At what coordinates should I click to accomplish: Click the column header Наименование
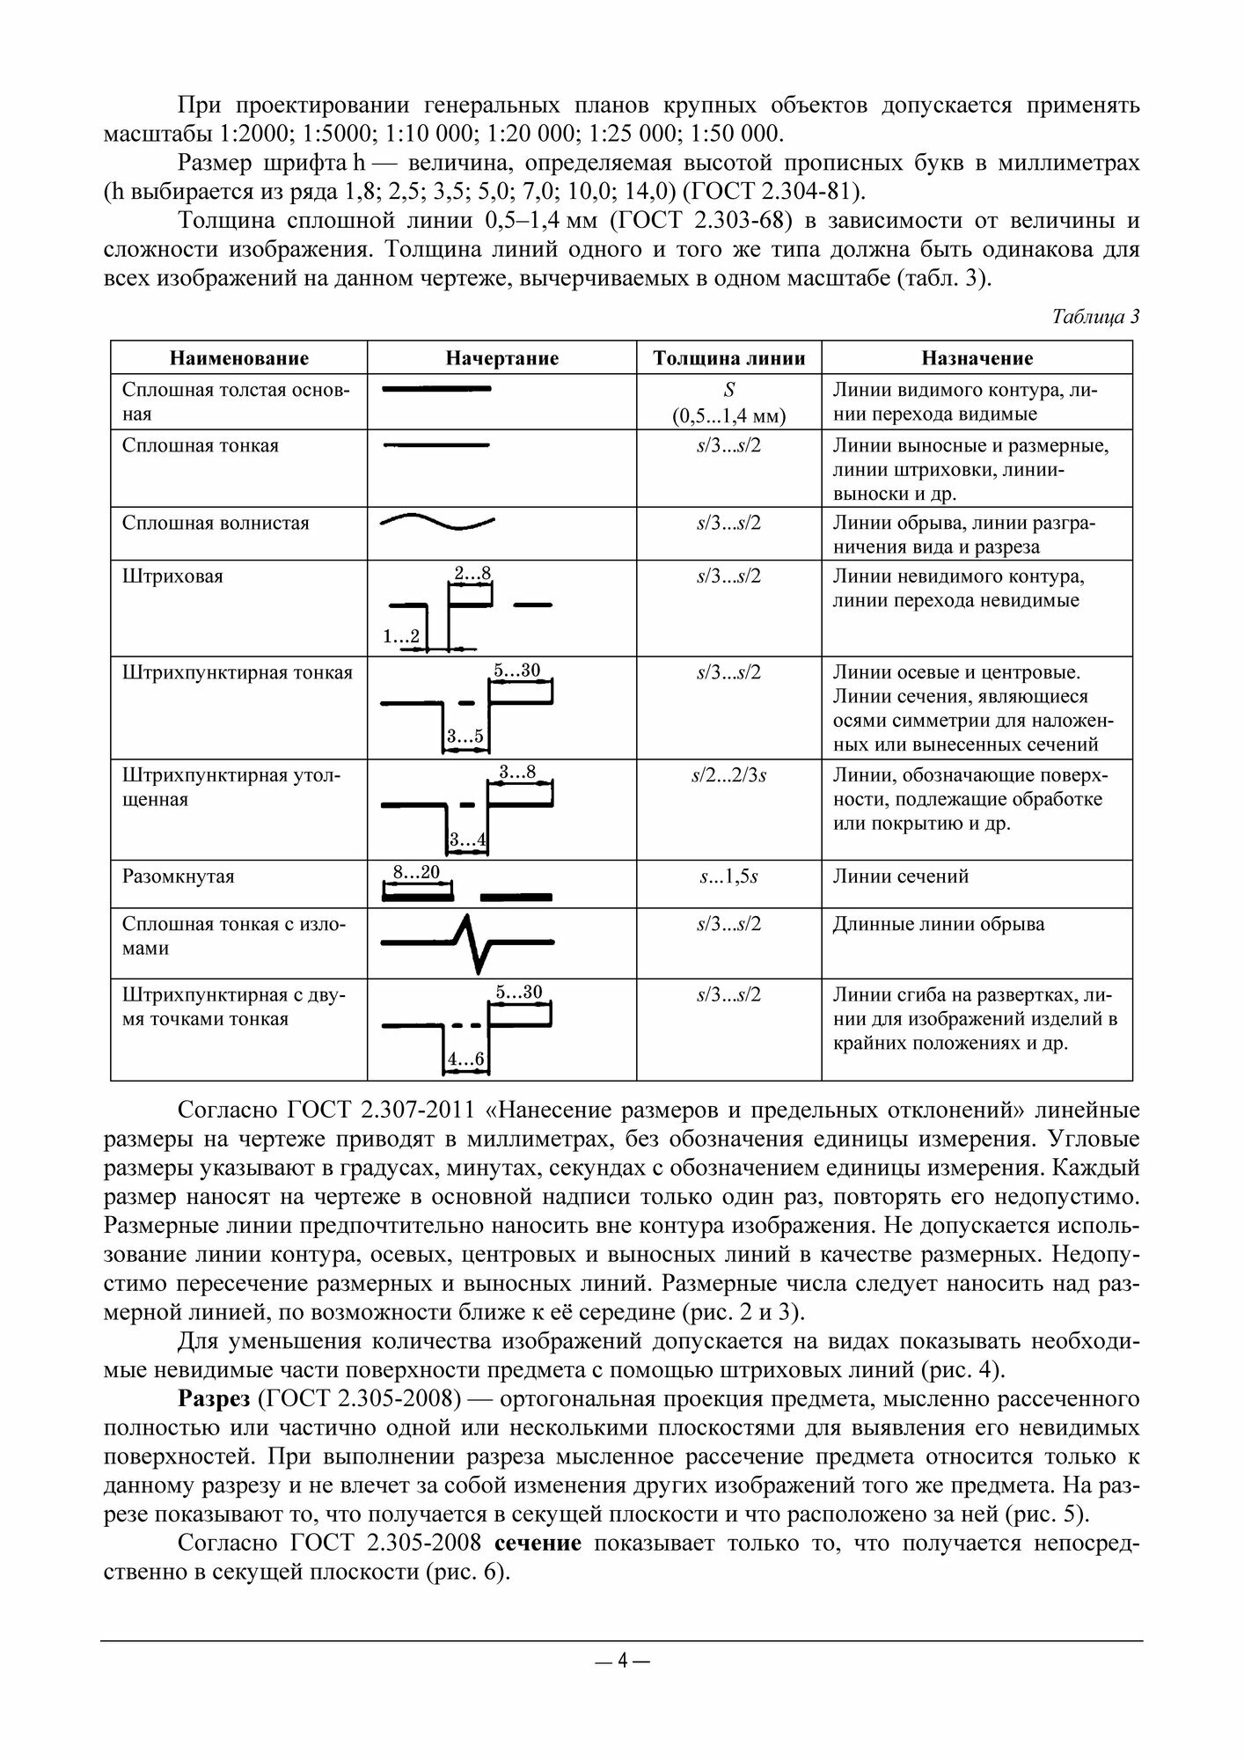click(239, 358)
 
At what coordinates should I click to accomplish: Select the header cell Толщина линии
click(728, 358)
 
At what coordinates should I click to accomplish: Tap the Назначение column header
click(977, 358)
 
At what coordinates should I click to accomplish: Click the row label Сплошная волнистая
click(216, 523)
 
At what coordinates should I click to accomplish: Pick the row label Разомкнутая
click(179, 876)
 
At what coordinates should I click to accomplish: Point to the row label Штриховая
click(172, 576)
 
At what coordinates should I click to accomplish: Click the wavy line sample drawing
click(437, 522)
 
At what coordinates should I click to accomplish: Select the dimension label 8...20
click(415, 872)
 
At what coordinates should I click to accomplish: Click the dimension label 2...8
click(472, 574)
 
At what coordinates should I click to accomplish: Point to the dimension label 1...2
click(401, 635)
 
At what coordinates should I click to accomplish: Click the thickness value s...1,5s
click(728, 876)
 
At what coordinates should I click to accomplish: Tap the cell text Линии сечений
click(900, 876)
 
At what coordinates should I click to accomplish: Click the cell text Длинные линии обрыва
click(939, 924)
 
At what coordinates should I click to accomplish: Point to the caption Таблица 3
click(1095, 318)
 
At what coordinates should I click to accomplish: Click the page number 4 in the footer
click(622, 1661)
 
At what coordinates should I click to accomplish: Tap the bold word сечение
click(538, 1543)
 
